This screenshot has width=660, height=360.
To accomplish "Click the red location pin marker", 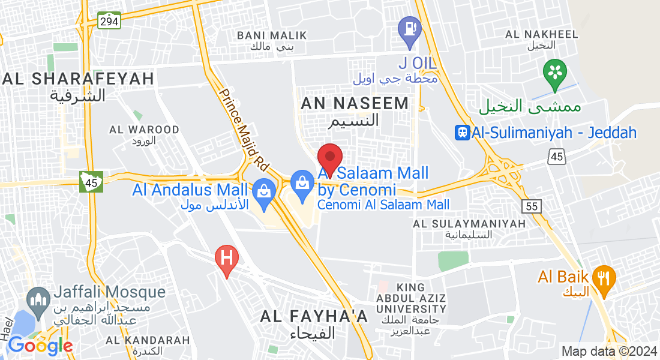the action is point(329,158).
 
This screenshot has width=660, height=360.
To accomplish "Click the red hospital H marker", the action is point(227,259).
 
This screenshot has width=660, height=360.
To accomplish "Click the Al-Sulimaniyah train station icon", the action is point(463,133).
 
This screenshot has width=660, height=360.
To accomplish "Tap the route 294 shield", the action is point(110,21).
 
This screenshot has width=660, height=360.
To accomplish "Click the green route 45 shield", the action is point(91,181).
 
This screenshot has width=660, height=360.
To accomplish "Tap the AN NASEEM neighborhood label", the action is point(355,104).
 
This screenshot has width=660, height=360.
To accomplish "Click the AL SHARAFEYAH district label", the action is point(78,79).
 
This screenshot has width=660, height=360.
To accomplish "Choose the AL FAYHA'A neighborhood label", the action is point(314,317).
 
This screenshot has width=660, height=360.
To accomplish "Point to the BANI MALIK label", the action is point(272,36).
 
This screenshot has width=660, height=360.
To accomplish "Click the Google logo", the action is point(40,346).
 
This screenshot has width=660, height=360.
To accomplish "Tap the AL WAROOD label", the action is point(144,130).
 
